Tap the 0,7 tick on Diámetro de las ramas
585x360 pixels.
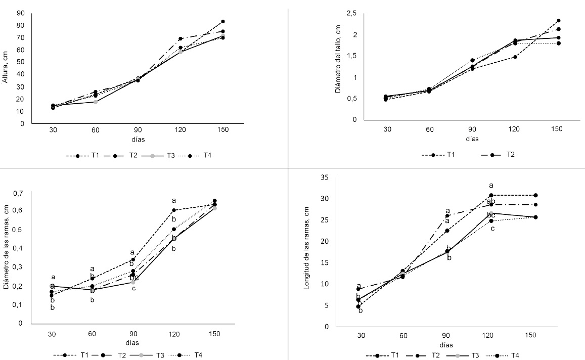click(x=19, y=193)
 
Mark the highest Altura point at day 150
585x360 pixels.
click(x=223, y=22)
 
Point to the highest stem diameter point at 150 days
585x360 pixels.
click(x=559, y=21)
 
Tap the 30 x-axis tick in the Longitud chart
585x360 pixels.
click(x=361, y=336)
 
